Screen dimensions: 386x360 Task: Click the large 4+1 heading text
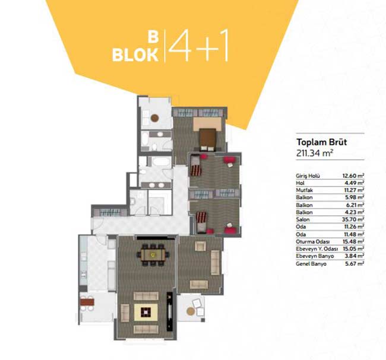click(x=199, y=46)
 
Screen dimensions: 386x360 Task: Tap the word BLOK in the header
click(x=135, y=55)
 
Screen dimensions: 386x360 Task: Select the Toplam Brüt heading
click(x=321, y=142)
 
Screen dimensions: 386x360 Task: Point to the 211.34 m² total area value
click(x=315, y=153)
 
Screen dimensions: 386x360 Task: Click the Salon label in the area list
click(x=302, y=219)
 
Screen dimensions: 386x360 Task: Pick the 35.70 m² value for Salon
click(x=353, y=219)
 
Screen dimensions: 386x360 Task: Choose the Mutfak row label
click(x=304, y=190)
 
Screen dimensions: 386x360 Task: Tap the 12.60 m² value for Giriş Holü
click(x=353, y=176)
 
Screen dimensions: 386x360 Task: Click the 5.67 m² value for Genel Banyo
click(x=355, y=263)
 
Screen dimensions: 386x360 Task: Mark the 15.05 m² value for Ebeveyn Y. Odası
click(x=353, y=249)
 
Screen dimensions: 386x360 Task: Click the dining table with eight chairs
click(x=153, y=255)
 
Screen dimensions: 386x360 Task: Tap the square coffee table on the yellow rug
click(x=145, y=312)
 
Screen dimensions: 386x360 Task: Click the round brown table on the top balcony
click(x=154, y=118)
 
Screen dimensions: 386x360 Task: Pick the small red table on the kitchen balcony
click(x=87, y=301)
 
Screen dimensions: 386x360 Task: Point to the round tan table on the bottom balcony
click(x=191, y=311)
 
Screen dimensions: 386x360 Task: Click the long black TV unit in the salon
click(x=170, y=311)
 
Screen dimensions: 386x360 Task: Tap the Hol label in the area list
click(x=300, y=183)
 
